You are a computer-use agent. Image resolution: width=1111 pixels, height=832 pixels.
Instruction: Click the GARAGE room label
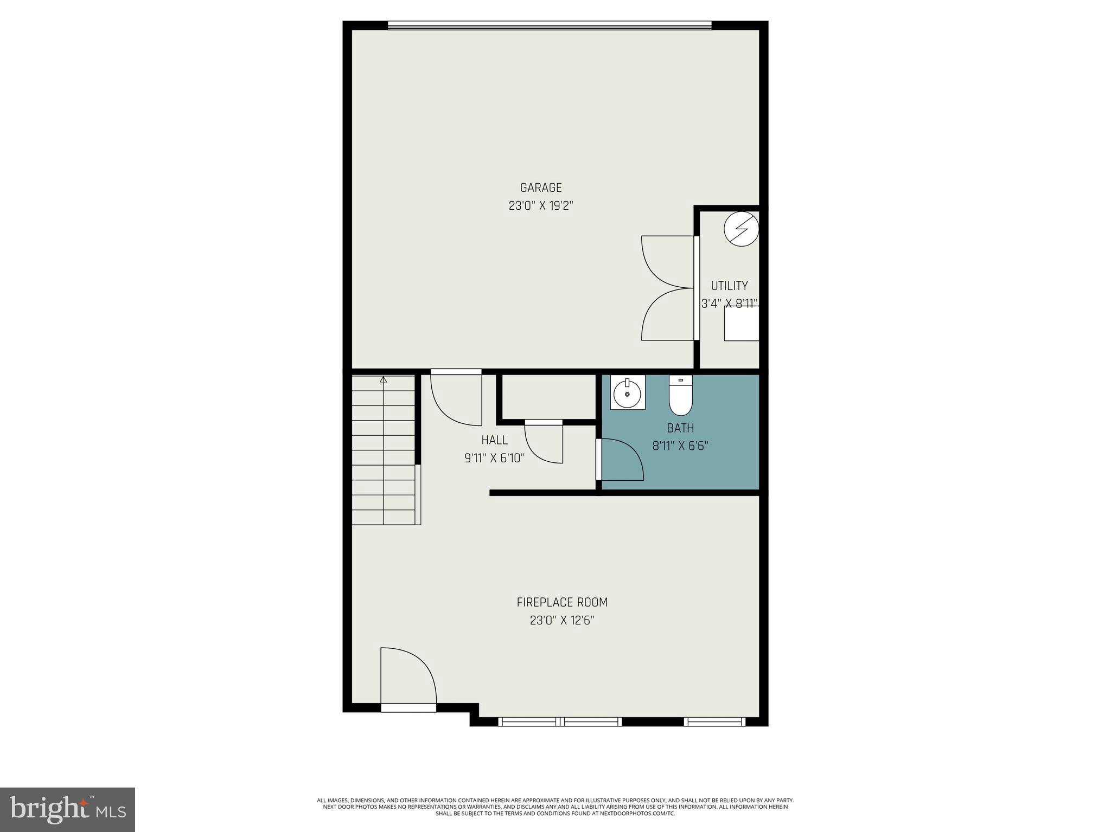point(541,188)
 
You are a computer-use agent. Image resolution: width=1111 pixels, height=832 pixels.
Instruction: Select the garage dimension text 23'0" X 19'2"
point(541,206)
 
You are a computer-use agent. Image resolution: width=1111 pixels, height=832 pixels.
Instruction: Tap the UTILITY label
point(729,286)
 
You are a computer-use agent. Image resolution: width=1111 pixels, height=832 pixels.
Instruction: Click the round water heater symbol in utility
point(741,229)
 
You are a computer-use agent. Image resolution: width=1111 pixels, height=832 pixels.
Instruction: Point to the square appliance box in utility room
point(741,324)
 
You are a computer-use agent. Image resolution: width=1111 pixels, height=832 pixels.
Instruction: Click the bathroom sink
point(628,392)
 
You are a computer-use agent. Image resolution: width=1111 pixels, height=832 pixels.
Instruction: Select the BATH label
point(680,428)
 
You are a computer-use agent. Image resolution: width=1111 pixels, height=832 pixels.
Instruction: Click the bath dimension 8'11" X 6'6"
point(680,446)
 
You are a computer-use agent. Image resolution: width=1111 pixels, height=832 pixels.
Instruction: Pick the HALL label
point(494,440)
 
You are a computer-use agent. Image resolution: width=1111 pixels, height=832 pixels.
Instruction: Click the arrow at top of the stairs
point(384,379)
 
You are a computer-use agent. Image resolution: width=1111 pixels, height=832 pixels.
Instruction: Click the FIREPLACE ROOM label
point(562,602)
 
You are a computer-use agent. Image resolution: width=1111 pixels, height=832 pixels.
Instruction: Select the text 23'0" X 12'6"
point(562,621)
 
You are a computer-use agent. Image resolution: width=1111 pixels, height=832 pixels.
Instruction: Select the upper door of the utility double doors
point(667,262)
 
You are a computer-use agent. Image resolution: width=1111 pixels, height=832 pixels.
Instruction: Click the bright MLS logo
point(67,809)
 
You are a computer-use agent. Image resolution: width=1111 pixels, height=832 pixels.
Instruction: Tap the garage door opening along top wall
point(549,25)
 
